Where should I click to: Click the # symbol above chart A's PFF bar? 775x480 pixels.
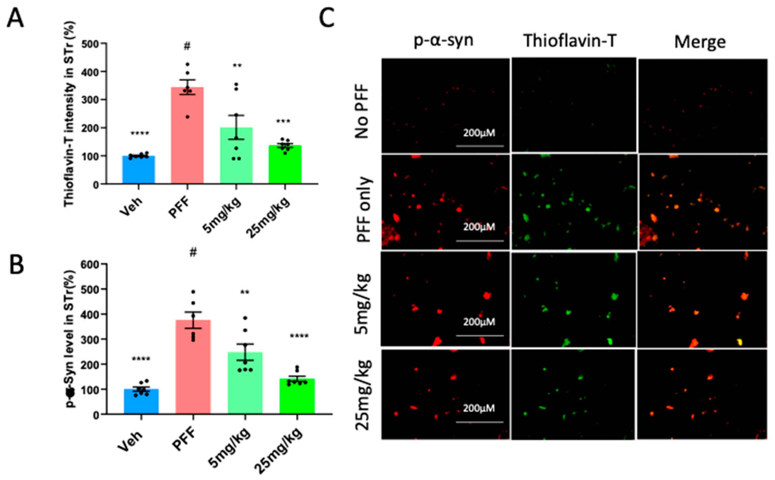[x=187, y=47]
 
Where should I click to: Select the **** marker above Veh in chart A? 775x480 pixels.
[x=140, y=133]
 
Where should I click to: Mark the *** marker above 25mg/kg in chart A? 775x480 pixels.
[x=283, y=122]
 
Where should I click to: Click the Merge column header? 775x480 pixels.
[x=700, y=42]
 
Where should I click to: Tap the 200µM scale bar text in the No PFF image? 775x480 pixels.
[x=479, y=133]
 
